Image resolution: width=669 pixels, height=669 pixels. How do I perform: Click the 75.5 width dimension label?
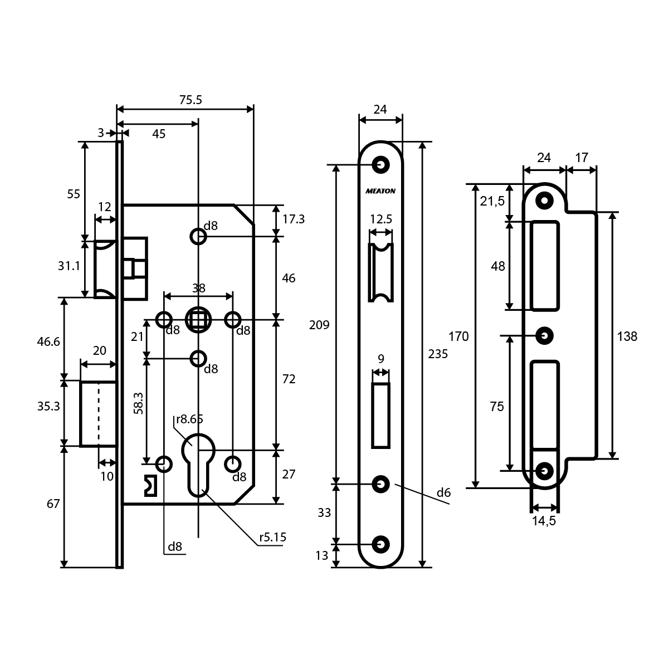tap(191, 100)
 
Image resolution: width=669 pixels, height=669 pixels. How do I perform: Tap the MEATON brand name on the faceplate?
tap(381, 191)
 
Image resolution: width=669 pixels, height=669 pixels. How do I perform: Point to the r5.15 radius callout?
tap(273, 538)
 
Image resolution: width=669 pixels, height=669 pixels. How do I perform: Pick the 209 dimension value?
tap(320, 325)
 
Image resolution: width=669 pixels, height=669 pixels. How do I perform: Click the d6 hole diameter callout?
tap(443, 492)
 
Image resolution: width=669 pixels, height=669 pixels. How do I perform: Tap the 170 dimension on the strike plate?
tap(459, 336)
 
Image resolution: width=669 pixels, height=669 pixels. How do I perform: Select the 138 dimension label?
tap(627, 336)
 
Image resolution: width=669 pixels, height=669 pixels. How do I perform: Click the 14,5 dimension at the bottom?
tap(544, 521)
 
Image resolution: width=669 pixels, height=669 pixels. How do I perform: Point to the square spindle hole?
tap(198, 320)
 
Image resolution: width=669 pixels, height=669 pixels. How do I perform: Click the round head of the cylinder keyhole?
tap(198, 445)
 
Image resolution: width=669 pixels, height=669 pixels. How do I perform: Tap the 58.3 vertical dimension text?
tap(139, 403)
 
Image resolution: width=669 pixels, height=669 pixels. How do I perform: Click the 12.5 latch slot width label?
tap(381, 219)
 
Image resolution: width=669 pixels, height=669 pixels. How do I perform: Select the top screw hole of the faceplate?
tap(381, 165)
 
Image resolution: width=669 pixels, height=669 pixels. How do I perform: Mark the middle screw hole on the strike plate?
tap(544, 335)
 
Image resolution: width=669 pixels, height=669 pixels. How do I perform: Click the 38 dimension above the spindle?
tap(198, 288)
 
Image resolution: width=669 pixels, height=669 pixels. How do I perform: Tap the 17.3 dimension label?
tap(294, 219)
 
